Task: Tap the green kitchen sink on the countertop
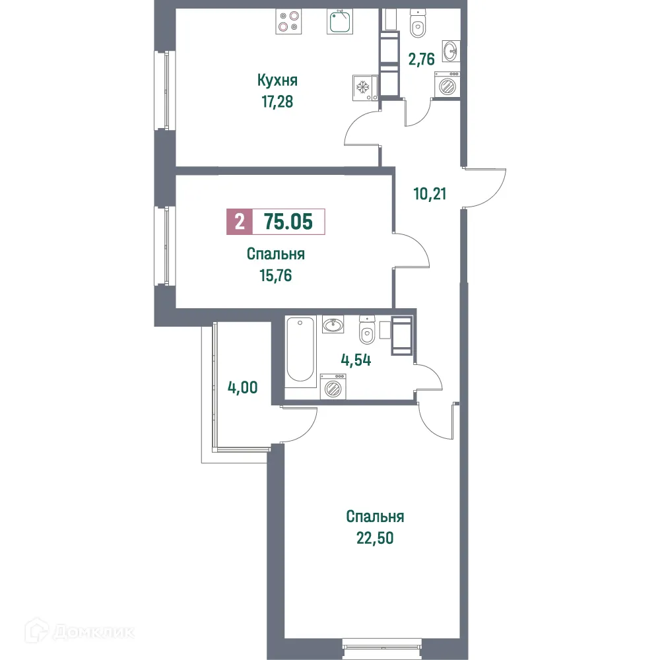[x=341, y=22]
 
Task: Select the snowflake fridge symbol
[x=362, y=86]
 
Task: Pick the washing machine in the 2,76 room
[x=447, y=86]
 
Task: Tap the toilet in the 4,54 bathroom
[x=367, y=330]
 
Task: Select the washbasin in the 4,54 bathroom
[x=333, y=324]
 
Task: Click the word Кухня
[x=277, y=81]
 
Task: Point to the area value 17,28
[x=277, y=102]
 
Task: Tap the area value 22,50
[x=374, y=538]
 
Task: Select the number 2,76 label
[x=421, y=59]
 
